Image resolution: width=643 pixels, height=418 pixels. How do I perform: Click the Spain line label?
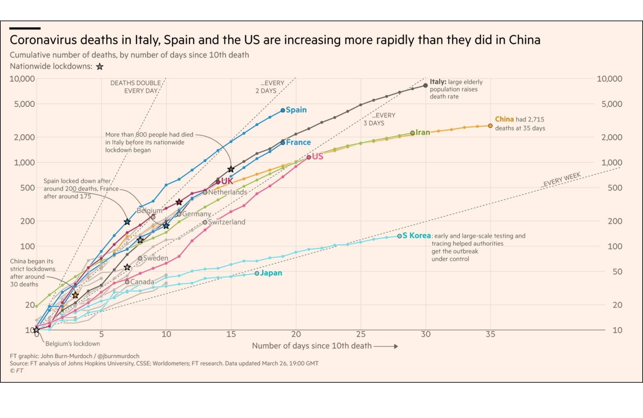296,110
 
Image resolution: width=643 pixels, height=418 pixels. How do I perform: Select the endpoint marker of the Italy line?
426,85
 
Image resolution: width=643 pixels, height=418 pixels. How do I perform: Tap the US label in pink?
318,156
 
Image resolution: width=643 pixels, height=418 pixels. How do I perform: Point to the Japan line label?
271,273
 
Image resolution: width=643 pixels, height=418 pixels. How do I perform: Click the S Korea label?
417,236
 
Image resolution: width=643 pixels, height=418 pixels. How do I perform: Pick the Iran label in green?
423,132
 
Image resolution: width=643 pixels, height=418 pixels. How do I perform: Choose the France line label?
298,142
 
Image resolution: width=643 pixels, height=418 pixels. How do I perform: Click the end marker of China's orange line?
490,126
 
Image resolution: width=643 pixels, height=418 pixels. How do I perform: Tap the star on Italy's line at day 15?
231,169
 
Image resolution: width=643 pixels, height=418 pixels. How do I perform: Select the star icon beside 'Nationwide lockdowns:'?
100,67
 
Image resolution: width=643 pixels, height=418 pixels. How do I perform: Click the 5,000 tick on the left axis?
24,104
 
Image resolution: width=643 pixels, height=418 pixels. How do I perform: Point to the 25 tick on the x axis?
361,334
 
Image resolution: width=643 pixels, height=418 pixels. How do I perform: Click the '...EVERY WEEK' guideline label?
561,180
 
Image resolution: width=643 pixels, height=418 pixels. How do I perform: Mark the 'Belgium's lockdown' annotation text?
73,344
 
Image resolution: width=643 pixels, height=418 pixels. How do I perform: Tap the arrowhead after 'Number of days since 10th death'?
396,346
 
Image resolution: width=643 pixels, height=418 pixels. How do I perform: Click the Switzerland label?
226,222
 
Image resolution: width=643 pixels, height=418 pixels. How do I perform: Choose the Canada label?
142,282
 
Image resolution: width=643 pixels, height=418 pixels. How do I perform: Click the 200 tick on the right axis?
615,221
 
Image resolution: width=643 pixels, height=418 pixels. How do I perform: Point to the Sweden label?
155,258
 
